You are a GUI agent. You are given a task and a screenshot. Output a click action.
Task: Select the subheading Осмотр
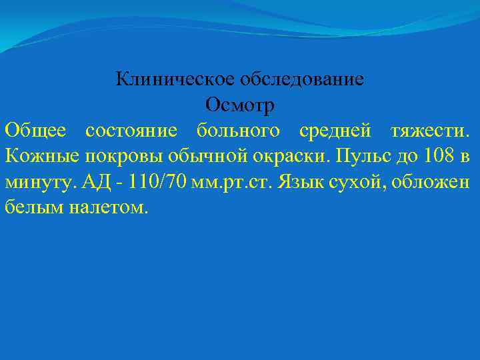[x=240, y=105]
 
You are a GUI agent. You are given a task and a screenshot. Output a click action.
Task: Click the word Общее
[x=35, y=131]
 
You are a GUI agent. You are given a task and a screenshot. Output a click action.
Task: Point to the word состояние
[x=131, y=131]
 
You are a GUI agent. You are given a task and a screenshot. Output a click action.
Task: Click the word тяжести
[x=429, y=131]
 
